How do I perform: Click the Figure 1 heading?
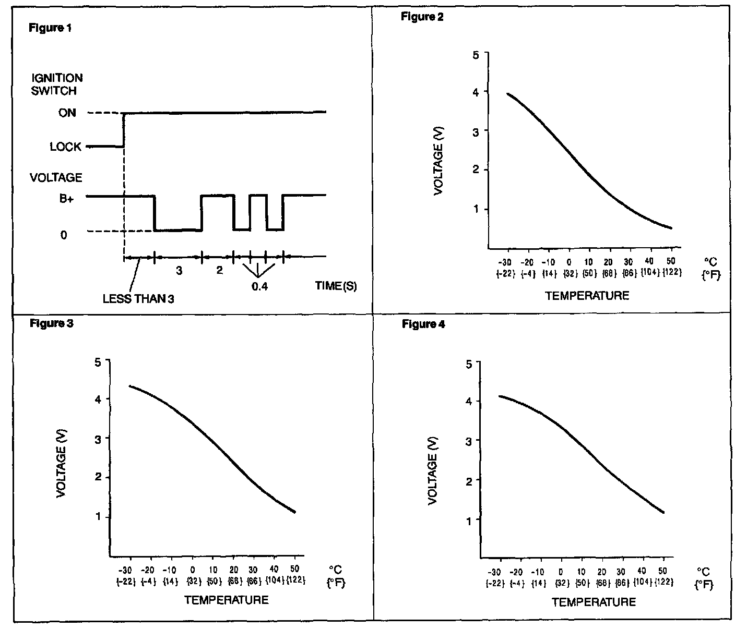(50, 28)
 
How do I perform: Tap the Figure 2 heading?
(422, 17)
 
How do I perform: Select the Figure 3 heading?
(51, 323)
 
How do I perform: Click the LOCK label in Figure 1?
(66, 147)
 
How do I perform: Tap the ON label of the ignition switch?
(67, 113)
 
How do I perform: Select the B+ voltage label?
(66, 200)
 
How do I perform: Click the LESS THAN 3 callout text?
(138, 299)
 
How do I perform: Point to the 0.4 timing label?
(259, 286)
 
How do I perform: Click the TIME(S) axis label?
(336, 286)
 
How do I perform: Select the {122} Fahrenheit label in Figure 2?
(672, 272)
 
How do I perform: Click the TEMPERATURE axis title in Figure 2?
(587, 296)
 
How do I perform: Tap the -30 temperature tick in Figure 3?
(128, 570)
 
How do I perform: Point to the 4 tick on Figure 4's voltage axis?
(468, 402)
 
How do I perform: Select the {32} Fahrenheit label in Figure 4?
(562, 583)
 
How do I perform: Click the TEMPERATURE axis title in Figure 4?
(594, 602)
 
